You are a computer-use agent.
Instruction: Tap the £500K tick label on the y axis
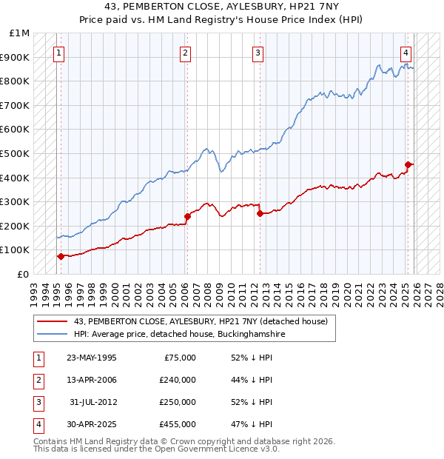[16, 153]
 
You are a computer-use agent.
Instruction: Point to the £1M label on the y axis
[20, 33]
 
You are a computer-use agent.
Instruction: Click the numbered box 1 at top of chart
[58, 53]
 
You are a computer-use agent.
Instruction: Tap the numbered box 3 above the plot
[258, 53]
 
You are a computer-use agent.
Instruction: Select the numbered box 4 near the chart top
[406, 53]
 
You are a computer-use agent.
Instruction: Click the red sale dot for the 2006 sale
[187, 216]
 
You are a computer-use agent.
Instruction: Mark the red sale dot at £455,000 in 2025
[408, 164]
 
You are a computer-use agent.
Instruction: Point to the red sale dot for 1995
[61, 256]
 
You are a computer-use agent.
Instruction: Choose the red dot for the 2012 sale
[260, 214]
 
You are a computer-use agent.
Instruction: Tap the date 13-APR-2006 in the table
[92, 380]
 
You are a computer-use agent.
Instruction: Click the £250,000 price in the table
[177, 402]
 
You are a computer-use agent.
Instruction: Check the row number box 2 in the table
[37, 380]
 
